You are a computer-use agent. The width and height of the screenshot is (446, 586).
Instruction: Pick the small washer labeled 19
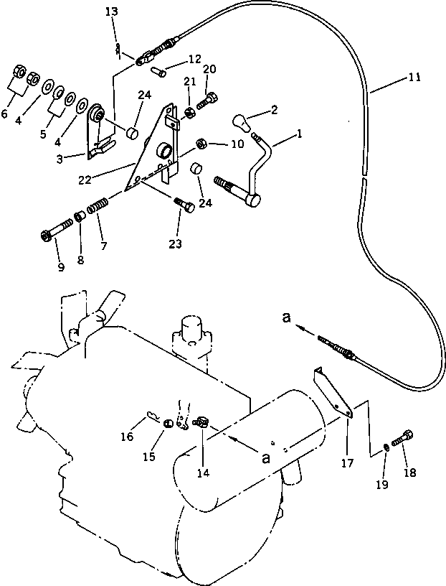[x=386, y=447]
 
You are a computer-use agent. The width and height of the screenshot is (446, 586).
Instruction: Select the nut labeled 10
[x=202, y=144]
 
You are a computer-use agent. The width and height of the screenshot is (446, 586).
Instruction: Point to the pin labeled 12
[x=158, y=71]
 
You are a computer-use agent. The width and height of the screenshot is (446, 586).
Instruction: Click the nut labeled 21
[x=190, y=111]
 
